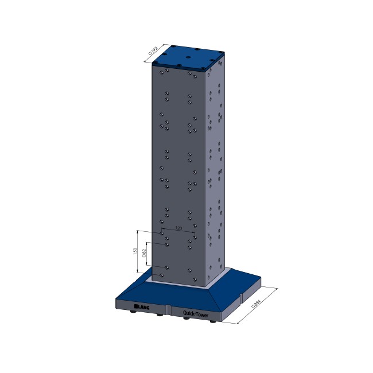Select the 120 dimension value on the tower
tap(178, 228)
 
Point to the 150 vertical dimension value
tap(134, 251)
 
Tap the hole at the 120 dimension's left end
tap(161, 234)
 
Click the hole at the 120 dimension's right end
tap(195, 236)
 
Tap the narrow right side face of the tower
tap(216, 172)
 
